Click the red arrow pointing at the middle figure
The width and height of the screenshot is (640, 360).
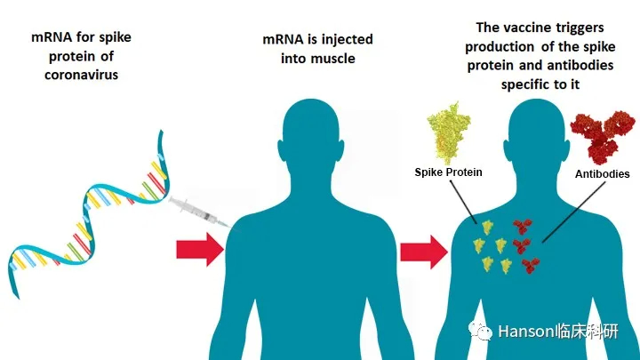(x=200, y=250)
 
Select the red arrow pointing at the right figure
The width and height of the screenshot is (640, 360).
(x=424, y=252)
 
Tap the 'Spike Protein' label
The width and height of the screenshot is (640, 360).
(x=448, y=172)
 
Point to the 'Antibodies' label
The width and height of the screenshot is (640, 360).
(x=602, y=174)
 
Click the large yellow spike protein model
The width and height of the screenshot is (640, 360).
(x=448, y=133)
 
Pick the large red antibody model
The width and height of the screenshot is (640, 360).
(x=603, y=136)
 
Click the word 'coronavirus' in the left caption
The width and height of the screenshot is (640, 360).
(x=81, y=75)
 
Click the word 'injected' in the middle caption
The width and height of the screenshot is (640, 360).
(x=347, y=40)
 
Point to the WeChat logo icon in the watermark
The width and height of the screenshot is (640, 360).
(x=480, y=330)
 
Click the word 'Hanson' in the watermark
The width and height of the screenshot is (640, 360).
(x=525, y=332)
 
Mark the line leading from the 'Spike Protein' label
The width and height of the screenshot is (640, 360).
(x=463, y=202)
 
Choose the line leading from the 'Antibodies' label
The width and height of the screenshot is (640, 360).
(x=574, y=212)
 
